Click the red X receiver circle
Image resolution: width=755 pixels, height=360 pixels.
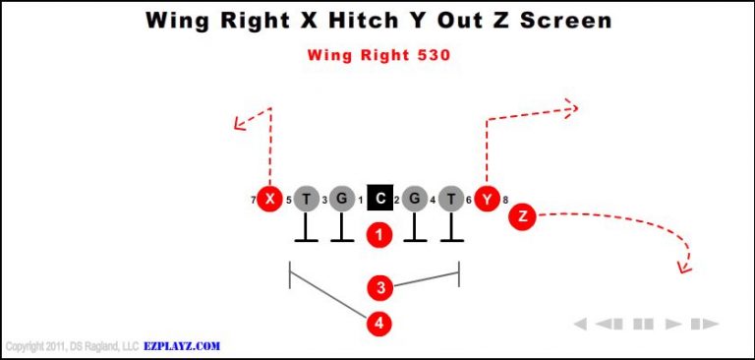pyautogui.click(x=268, y=200)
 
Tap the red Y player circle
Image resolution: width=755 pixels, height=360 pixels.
pyautogui.click(x=487, y=200)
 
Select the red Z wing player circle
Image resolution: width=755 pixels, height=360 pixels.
pyautogui.click(x=522, y=216)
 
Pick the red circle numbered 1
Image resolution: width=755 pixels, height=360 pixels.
pyautogui.click(x=379, y=234)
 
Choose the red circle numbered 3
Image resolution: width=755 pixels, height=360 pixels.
pyautogui.click(x=380, y=288)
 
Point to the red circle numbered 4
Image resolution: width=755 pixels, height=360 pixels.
pyautogui.click(x=379, y=323)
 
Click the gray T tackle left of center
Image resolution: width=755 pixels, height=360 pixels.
pyautogui.click(x=307, y=200)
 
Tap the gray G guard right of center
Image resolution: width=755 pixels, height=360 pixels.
pyautogui.click(x=415, y=200)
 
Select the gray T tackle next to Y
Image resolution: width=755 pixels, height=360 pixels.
pyautogui.click(x=450, y=200)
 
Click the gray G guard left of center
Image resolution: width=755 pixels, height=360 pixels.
pyautogui.click(x=341, y=200)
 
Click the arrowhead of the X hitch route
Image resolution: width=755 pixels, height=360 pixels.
pyautogui.click(x=236, y=124)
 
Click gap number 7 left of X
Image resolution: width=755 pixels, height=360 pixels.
pyautogui.click(x=253, y=201)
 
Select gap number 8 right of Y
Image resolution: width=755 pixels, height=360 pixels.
pyautogui.click(x=505, y=201)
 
